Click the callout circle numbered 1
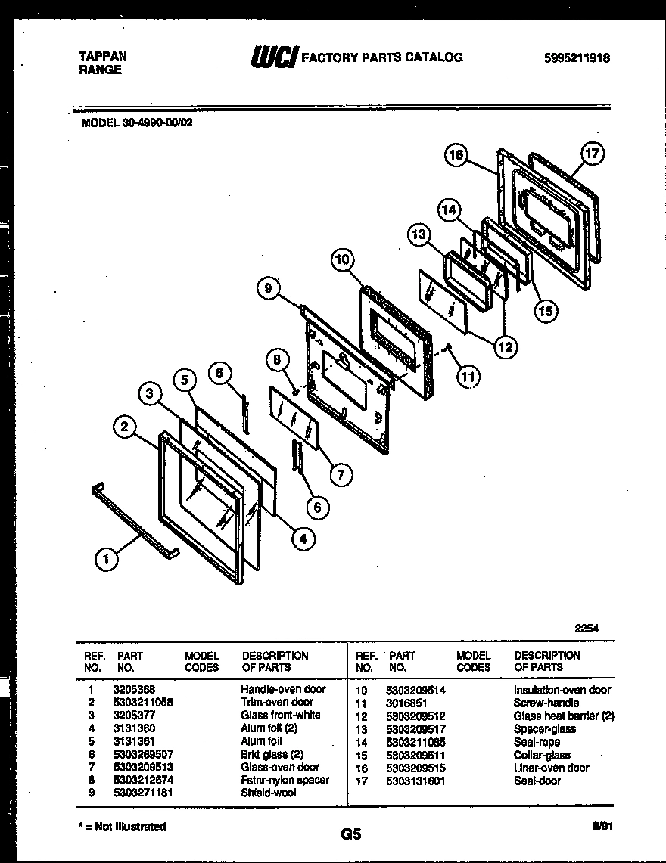tap(107, 560)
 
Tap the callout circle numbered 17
tap(592, 154)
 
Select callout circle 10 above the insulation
tap(343, 260)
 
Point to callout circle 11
tap(468, 375)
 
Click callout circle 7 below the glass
tap(341, 474)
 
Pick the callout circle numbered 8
tap(277, 360)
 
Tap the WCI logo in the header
tap(274, 57)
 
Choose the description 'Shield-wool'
tap(268, 793)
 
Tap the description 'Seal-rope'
tap(537, 742)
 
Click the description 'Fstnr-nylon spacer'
tap(285, 780)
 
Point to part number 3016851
tap(406, 703)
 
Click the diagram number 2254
tap(587, 628)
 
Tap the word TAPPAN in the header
tap(103, 56)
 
